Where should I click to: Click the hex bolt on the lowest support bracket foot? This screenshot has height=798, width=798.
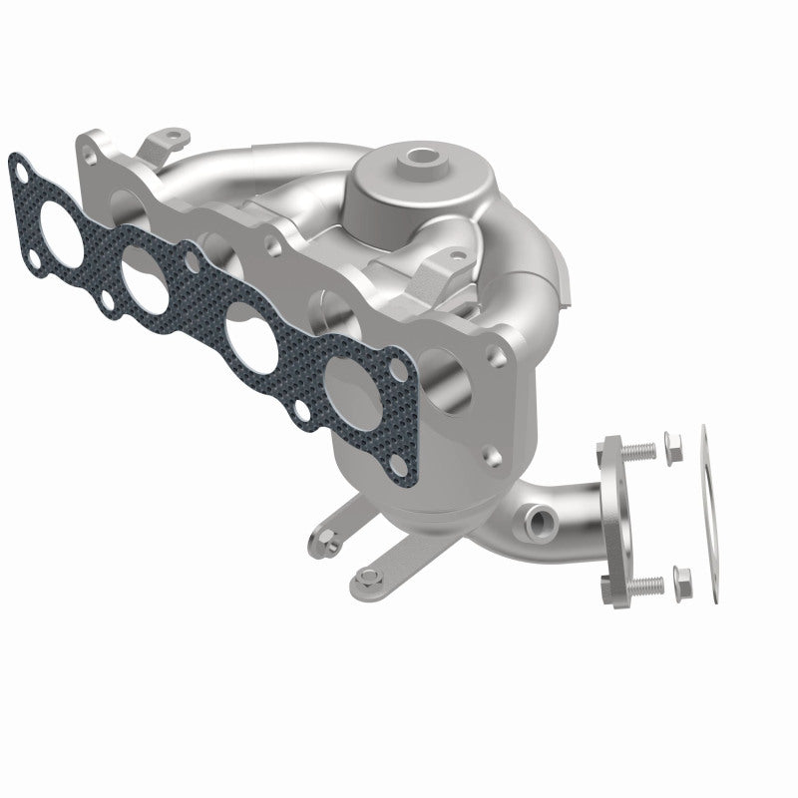370,576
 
